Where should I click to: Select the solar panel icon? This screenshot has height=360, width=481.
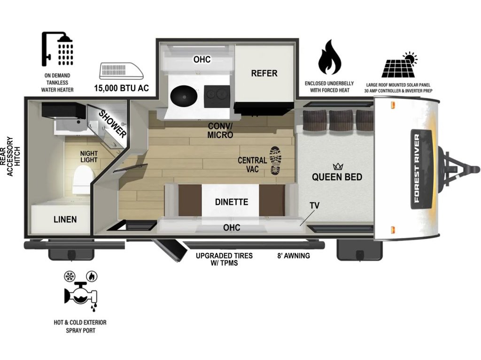point(399,66)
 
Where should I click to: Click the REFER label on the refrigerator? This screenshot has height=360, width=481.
point(264,73)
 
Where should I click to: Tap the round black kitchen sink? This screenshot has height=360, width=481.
point(183,97)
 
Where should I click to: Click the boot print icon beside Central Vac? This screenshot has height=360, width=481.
point(277,161)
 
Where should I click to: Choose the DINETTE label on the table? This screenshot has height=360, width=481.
point(231,202)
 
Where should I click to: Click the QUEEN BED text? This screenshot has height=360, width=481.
point(337,177)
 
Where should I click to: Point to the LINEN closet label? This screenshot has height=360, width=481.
point(65,219)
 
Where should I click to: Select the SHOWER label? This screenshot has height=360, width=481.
point(113,124)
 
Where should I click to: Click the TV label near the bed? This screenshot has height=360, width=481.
point(315,205)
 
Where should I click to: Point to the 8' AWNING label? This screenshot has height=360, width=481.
point(293,256)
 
